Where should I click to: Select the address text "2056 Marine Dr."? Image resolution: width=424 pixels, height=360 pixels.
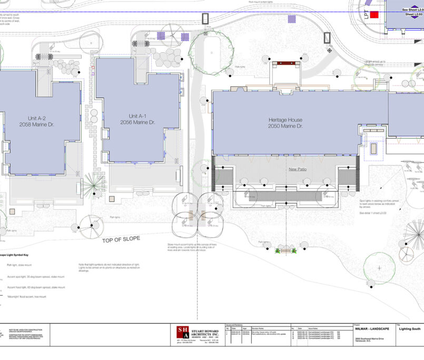[x=137, y=122]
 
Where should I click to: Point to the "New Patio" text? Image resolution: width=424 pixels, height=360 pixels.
[x=298, y=169]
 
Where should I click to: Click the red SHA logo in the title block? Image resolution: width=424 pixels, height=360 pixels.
[x=182, y=332]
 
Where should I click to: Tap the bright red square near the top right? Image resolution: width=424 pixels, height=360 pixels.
[x=374, y=15]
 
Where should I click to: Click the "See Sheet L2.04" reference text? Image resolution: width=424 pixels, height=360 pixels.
[x=412, y=9]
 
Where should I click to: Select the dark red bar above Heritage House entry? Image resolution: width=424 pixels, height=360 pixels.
[x=287, y=63]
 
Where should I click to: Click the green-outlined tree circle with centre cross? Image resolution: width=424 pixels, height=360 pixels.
[x=379, y=268]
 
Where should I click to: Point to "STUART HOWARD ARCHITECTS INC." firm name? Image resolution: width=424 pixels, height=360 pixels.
[x=204, y=332]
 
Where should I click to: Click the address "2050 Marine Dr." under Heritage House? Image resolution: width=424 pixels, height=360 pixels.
[x=285, y=126]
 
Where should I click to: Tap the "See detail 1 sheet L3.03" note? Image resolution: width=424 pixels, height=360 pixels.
[x=373, y=213]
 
